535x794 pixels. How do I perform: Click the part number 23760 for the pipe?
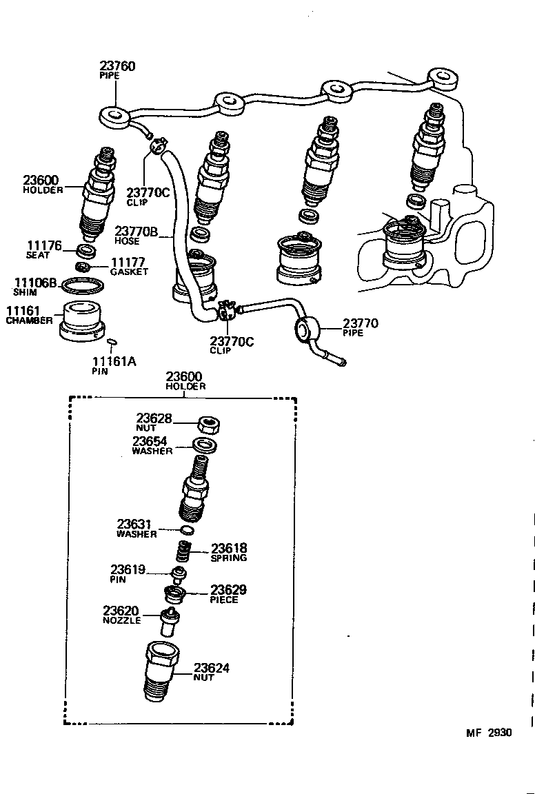117,66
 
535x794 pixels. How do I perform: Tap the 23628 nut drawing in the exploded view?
208,424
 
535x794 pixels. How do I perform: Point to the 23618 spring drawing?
183,551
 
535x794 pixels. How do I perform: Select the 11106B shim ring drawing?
83,285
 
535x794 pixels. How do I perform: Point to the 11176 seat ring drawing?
85,248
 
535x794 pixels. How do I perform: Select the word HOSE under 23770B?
128,241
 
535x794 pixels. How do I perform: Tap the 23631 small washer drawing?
186,530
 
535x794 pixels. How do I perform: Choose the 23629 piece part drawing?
174,593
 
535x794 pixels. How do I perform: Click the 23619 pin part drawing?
179,573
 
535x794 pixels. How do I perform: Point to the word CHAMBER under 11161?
29,320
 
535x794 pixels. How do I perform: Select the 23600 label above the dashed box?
184,377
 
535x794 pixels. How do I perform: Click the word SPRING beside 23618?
228,558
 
